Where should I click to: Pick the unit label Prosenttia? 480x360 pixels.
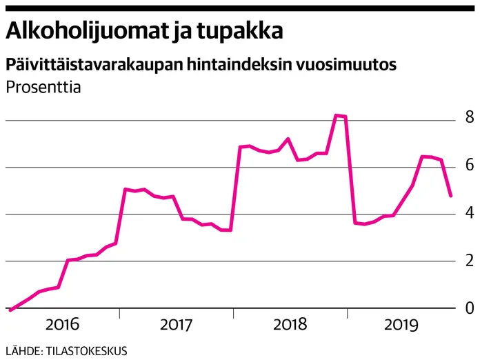(x=43, y=88)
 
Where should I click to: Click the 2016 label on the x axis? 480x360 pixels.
(x=63, y=325)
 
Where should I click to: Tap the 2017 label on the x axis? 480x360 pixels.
(x=177, y=325)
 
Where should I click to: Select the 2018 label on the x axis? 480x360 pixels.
(x=290, y=325)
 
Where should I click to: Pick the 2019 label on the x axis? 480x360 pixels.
(x=403, y=325)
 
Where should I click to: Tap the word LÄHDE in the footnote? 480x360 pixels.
(x=23, y=350)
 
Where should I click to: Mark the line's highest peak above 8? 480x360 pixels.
(x=336, y=115)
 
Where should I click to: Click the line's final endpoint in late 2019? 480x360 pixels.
(x=450, y=196)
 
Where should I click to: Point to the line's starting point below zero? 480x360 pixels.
(x=10, y=310)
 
